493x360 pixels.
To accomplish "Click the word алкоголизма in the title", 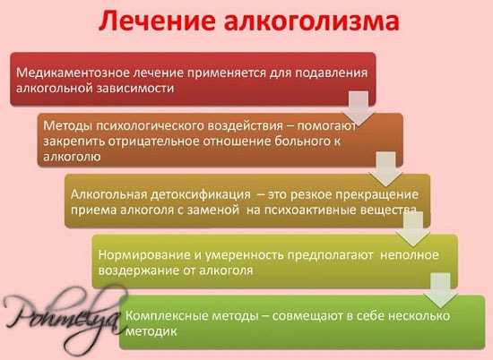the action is coord(312,21).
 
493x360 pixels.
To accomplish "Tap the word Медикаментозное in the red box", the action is coord(73,73).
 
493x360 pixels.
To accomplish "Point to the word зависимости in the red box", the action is coord(134,88).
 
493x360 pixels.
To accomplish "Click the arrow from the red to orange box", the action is coord(359,107).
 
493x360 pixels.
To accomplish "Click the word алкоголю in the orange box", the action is coord(72,157).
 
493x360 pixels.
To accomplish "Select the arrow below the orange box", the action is coord(385,168).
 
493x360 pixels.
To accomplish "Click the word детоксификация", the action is coord(201,194).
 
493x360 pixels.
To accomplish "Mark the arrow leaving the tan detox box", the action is coord(413,229).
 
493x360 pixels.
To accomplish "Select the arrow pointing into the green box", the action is coord(440,290).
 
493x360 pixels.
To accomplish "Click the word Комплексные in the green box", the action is coord(167,316).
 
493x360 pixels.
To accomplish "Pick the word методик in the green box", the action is coord(151,331).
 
